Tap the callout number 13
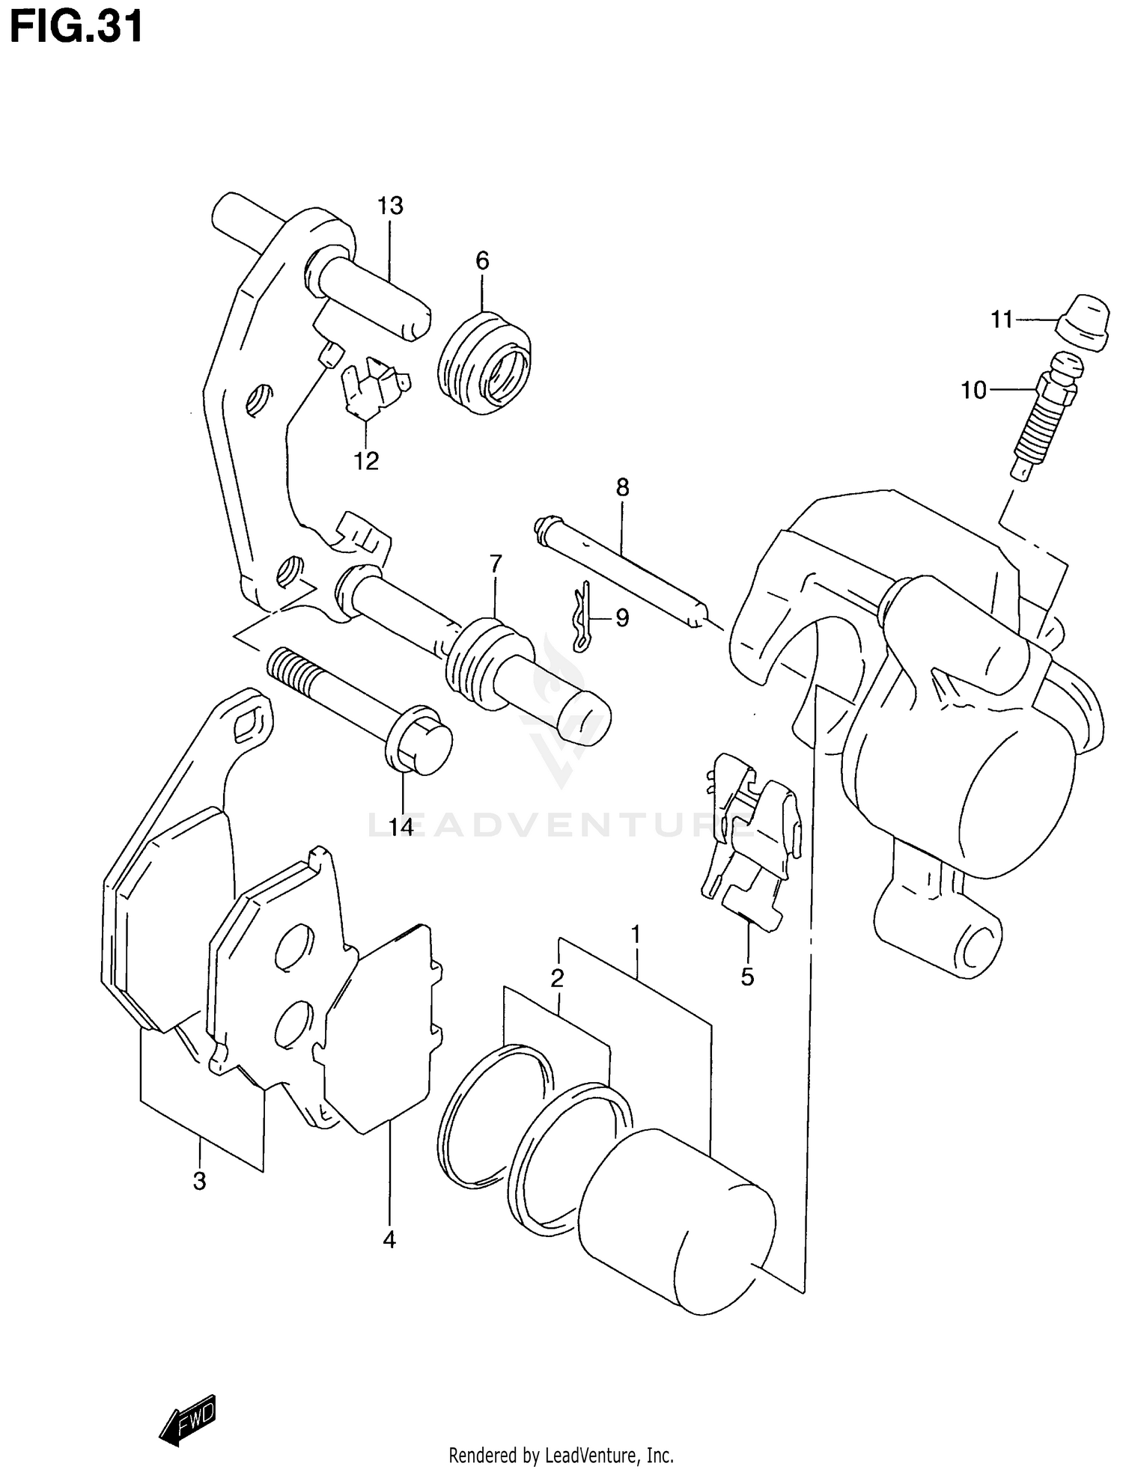[390, 206]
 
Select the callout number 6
[482, 261]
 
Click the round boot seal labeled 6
[484, 363]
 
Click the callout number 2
[557, 977]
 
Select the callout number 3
[199, 1182]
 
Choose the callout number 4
[389, 1240]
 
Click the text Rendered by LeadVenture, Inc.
[561, 1456]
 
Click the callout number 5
[747, 977]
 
